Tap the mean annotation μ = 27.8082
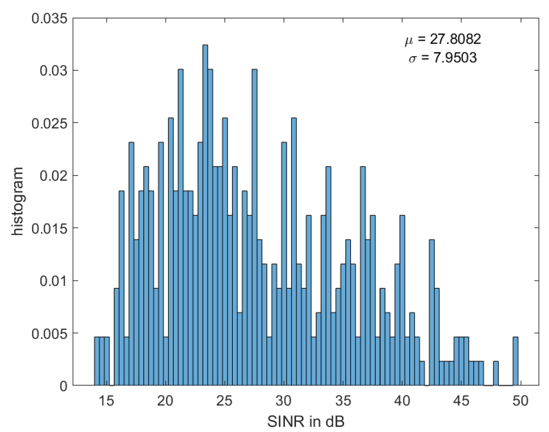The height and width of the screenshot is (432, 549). pos(443,39)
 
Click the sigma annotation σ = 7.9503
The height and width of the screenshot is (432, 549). pos(443,58)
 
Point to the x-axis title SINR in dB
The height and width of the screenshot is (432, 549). pos(306,421)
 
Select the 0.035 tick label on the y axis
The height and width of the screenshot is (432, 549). pos(49,19)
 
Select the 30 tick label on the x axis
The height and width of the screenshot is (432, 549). pos(283,401)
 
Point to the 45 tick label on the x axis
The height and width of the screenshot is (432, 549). pos(461,401)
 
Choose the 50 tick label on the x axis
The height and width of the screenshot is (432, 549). pos(520,401)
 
